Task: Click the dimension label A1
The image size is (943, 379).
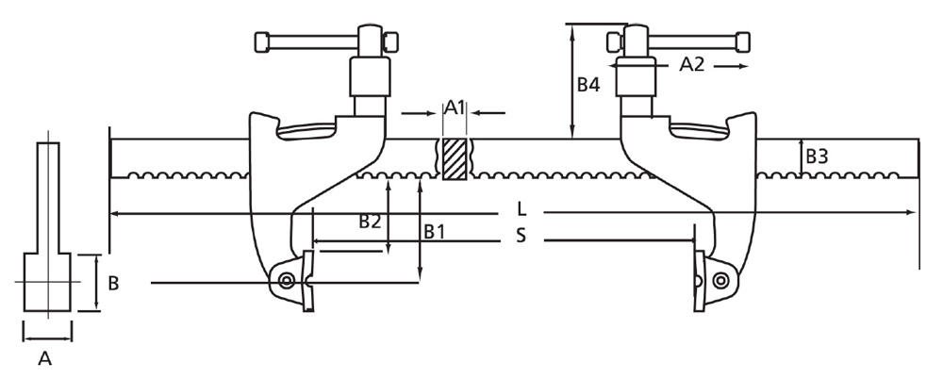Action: click(455, 107)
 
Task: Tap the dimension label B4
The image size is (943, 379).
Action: click(588, 85)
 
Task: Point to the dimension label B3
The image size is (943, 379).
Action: click(816, 157)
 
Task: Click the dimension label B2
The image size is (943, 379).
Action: click(370, 222)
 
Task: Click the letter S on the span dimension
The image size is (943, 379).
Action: click(521, 236)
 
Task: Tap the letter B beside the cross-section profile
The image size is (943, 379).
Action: click(112, 283)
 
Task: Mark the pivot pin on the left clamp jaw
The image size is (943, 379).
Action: click(286, 279)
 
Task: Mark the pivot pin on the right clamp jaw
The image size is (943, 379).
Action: click(720, 279)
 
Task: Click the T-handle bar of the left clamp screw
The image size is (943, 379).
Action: click(311, 41)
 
